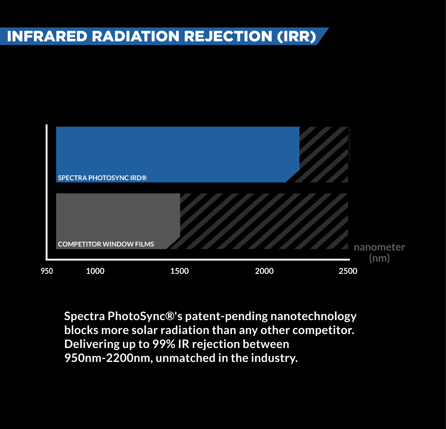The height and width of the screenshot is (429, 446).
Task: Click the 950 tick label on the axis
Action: click(47, 271)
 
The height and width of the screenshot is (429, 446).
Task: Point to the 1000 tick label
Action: click(95, 271)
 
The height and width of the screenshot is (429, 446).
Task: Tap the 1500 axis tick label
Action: click(179, 271)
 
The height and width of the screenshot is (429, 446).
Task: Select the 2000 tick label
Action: click(264, 271)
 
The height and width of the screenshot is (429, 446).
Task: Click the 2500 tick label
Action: click(348, 271)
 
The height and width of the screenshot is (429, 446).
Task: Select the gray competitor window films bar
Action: click(118, 216)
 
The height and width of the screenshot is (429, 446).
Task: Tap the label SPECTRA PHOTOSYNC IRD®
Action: click(102, 178)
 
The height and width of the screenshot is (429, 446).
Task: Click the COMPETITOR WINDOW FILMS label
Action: click(106, 244)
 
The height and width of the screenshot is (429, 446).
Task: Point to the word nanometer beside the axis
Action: click(379, 247)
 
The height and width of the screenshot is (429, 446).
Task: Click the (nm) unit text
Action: click(379, 258)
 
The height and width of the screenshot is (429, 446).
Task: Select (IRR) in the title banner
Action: click(297, 37)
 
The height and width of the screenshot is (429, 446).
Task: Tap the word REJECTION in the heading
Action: click(228, 37)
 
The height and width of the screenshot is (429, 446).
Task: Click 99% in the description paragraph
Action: click(163, 344)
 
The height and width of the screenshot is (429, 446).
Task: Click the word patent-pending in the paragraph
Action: click(226, 316)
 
